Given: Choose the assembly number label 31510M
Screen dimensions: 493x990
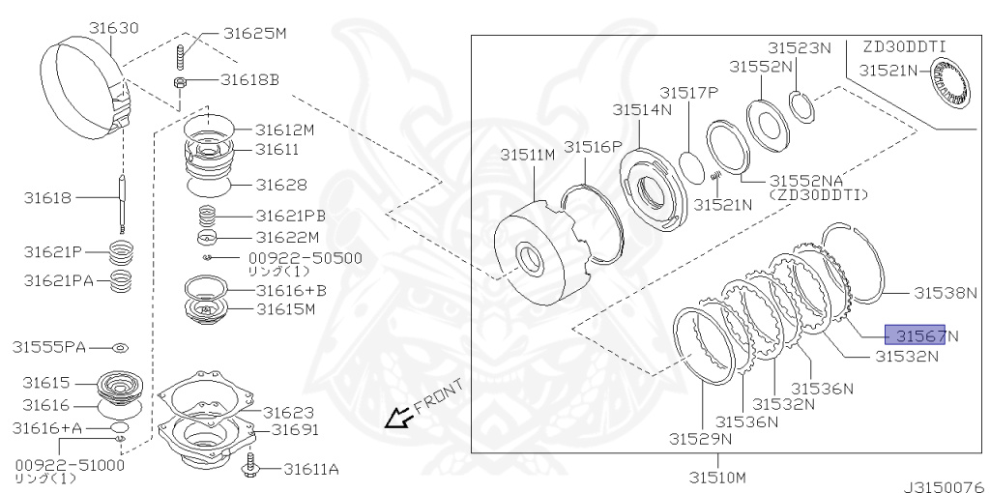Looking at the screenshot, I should tap(717, 477).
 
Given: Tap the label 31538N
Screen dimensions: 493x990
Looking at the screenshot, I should tap(946, 292).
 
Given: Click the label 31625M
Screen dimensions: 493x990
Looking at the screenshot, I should tap(255, 33).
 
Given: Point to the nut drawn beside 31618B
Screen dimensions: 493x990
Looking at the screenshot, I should tap(181, 82).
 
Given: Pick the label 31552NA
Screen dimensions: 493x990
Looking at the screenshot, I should tap(810, 181).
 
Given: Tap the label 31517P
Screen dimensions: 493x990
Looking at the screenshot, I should tap(689, 92).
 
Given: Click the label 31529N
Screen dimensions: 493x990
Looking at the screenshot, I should tap(700, 438).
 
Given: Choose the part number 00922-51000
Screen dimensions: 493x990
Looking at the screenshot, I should tap(69, 464).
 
